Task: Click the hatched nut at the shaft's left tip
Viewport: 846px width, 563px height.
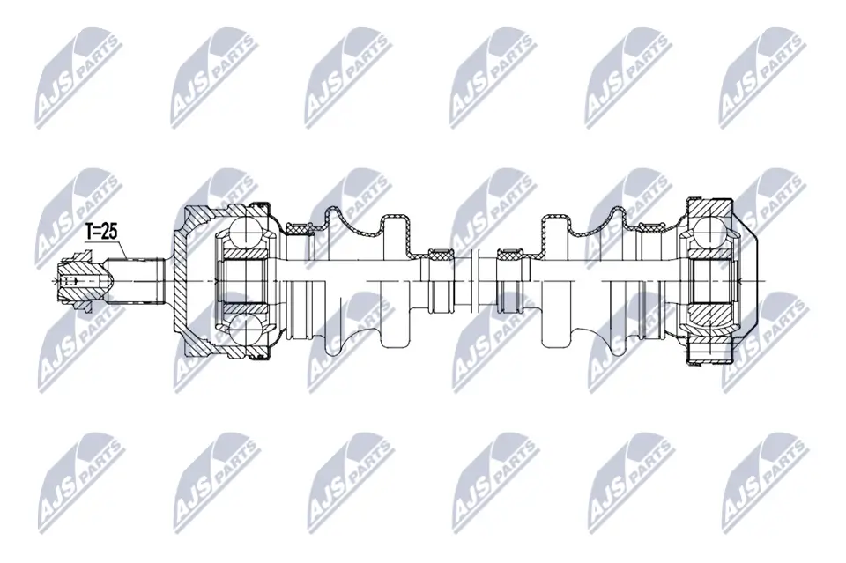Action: click(x=80, y=280)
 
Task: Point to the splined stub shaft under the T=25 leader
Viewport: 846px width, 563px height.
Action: click(x=136, y=280)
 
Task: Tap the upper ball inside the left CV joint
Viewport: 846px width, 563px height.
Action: click(x=246, y=233)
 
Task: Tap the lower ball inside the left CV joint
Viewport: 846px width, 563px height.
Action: click(x=246, y=330)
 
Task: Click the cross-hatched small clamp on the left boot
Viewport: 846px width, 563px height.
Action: click(x=441, y=256)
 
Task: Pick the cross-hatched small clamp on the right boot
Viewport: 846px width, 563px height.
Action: click(x=510, y=256)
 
